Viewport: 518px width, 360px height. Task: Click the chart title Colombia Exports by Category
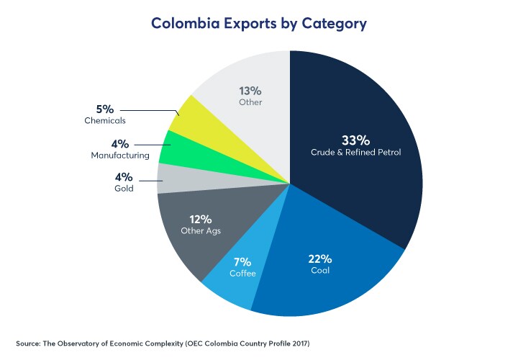(258, 23)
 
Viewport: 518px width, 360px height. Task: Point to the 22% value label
(320, 258)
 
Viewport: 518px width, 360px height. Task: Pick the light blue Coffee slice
(230, 284)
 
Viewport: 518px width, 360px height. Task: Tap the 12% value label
(201, 218)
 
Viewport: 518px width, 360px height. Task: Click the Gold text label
(124, 189)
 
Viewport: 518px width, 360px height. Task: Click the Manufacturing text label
(120, 155)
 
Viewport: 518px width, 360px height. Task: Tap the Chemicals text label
(105, 121)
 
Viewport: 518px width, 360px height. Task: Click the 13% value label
(250, 91)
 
